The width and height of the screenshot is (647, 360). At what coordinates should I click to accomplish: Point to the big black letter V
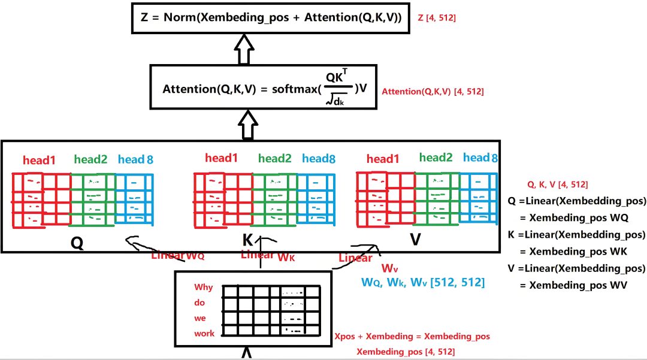click(415, 240)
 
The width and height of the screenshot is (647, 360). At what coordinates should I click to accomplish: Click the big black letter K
click(247, 240)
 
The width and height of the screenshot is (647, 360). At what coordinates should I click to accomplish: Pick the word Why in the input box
click(204, 288)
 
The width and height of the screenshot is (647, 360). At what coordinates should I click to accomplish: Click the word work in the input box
click(204, 334)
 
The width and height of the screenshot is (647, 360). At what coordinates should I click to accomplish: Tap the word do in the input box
click(199, 303)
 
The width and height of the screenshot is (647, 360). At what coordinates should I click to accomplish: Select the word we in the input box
click(200, 319)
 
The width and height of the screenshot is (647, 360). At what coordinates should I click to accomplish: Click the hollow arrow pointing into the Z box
click(244, 49)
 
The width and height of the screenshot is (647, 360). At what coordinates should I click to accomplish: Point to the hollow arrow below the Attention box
click(244, 125)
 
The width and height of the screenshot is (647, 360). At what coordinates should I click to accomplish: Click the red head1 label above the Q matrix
click(40, 160)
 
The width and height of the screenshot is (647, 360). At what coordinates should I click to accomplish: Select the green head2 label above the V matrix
click(436, 158)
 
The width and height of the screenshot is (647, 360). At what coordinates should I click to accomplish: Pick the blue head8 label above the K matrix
click(319, 159)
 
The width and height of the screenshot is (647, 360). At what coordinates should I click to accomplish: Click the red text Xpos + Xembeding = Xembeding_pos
click(413, 337)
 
